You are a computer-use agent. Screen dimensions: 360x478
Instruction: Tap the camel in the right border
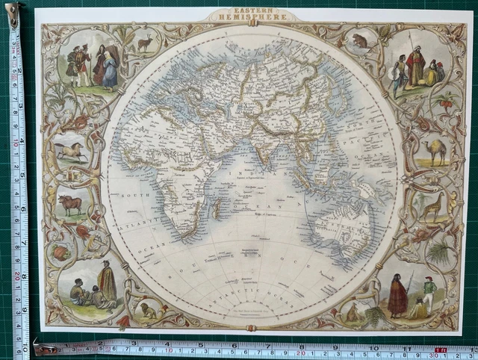435,152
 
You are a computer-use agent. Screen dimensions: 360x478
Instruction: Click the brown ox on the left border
72,203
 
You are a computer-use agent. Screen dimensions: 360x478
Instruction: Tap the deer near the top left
144,43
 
